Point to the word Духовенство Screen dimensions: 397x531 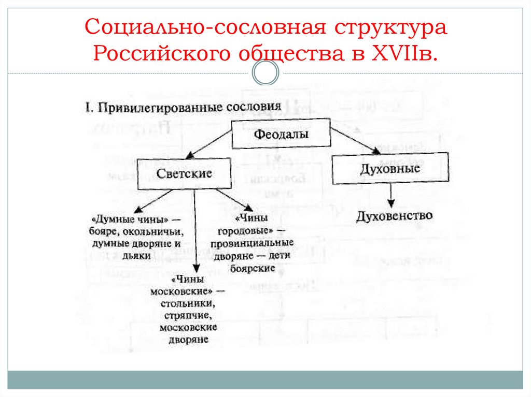(x=395, y=216)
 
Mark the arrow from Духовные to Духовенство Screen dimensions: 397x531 (x=390, y=195)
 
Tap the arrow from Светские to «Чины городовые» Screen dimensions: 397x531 (x=233, y=200)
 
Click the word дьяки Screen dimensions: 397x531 (x=137, y=255)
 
